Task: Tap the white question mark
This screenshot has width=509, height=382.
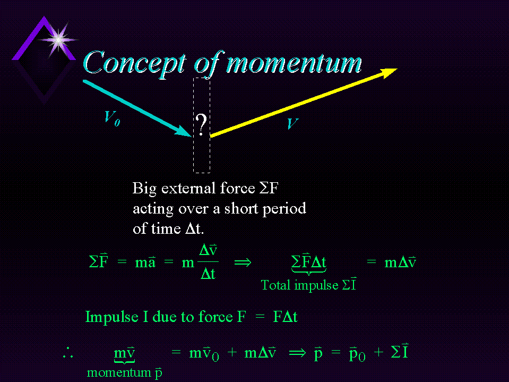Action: click(201, 125)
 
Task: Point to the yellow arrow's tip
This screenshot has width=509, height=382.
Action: click(397, 69)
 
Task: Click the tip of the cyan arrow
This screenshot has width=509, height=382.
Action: click(191, 137)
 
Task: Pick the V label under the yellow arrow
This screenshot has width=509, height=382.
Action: click(292, 123)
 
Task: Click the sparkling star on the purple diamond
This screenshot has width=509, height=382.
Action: click(58, 40)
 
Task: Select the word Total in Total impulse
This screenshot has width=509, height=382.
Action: click(275, 285)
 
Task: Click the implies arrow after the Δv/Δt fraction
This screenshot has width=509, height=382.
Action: click(243, 262)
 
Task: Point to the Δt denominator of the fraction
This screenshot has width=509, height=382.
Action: click(208, 274)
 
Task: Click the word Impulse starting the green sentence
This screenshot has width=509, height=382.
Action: click(111, 317)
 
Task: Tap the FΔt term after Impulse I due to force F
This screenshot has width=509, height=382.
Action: click(286, 317)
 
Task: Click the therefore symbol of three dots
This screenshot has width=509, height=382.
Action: click(68, 352)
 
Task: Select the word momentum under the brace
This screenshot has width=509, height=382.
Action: click(119, 372)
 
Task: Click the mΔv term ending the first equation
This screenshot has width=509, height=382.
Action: click(400, 262)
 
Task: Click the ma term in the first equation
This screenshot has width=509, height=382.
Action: click(145, 262)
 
